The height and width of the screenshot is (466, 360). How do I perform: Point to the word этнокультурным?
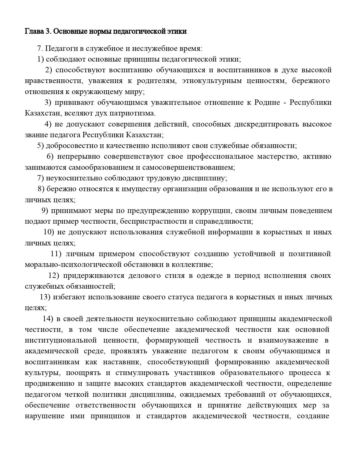212,81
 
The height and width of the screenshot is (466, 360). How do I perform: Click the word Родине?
266,103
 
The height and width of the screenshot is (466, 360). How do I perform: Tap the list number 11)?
56,254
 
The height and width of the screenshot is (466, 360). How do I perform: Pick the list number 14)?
48,319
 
